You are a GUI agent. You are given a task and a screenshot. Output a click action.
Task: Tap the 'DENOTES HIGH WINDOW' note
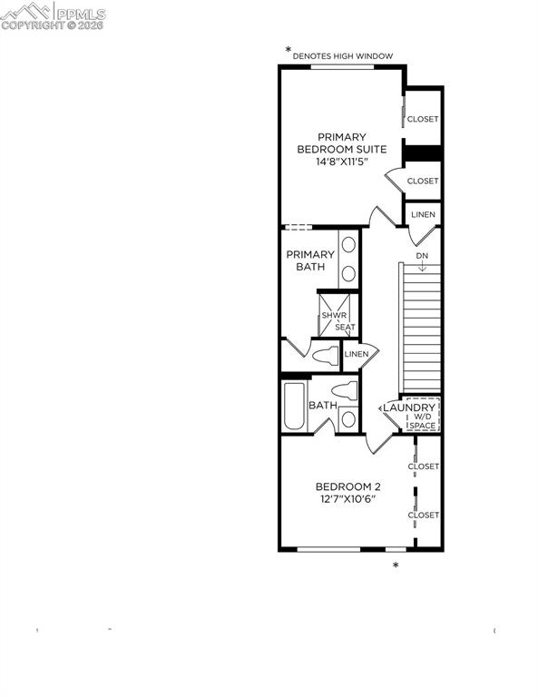pyautogui.click(x=342, y=56)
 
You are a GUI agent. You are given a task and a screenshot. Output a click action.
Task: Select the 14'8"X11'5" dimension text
pyautogui.click(x=342, y=162)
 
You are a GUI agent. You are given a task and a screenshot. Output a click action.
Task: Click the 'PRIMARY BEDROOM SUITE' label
pyautogui.click(x=342, y=142)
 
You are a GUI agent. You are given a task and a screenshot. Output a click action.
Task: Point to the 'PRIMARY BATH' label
pyautogui.click(x=305, y=260)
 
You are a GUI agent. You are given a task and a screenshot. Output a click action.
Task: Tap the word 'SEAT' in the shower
pyautogui.click(x=345, y=327)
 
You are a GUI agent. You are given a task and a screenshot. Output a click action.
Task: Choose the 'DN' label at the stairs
pyautogui.click(x=422, y=256)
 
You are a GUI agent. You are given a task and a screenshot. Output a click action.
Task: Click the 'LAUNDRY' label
pyautogui.click(x=408, y=408)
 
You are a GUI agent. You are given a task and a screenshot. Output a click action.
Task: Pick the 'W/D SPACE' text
pyautogui.click(x=422, y=421)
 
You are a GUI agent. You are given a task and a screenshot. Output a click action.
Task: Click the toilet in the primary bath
pyautogui.click(x=324, y=355)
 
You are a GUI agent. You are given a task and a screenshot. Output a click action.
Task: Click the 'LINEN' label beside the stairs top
pyautogui.click(x=423, y=215)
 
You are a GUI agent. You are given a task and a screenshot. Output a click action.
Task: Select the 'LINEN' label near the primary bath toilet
pyautogui.click(x=357, y=354)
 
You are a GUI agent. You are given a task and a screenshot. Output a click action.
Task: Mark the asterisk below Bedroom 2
pyautogui.click(x=396, y=566)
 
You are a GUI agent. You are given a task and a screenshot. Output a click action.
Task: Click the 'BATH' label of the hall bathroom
pyautogui.click(x=323, y=406)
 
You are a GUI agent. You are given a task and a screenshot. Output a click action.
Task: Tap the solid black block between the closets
pyautogui.click(x=422, y=152)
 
